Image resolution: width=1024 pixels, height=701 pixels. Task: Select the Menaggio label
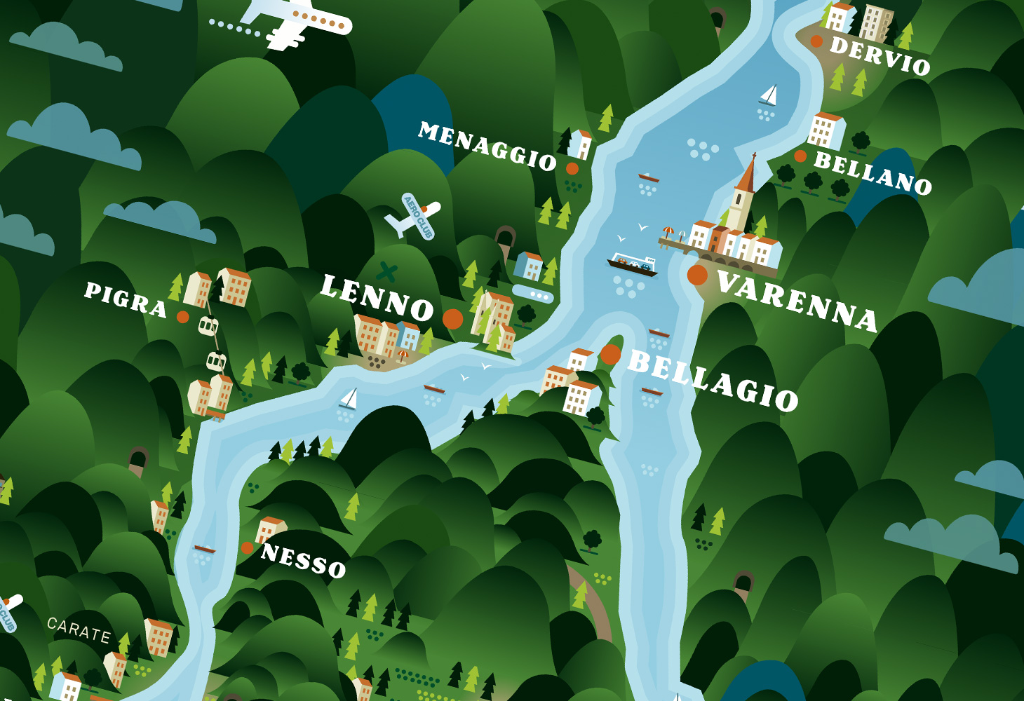487,146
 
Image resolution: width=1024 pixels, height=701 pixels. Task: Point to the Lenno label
377,298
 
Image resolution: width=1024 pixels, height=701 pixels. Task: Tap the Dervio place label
880,55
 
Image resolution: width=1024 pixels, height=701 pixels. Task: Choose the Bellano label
873,172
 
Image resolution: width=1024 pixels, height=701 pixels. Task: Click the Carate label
79,630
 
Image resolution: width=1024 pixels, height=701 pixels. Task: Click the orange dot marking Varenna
697,275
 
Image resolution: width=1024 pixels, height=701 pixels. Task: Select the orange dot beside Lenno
453,319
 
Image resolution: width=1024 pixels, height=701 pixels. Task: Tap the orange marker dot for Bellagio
610,355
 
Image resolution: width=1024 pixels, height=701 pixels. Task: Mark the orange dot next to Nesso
247,548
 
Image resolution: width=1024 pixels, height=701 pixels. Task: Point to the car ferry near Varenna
632,264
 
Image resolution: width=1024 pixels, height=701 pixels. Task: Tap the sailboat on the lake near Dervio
769,95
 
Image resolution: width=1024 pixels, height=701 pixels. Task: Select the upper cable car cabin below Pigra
208,326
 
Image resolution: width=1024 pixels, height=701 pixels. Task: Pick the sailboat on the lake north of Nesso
349,400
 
